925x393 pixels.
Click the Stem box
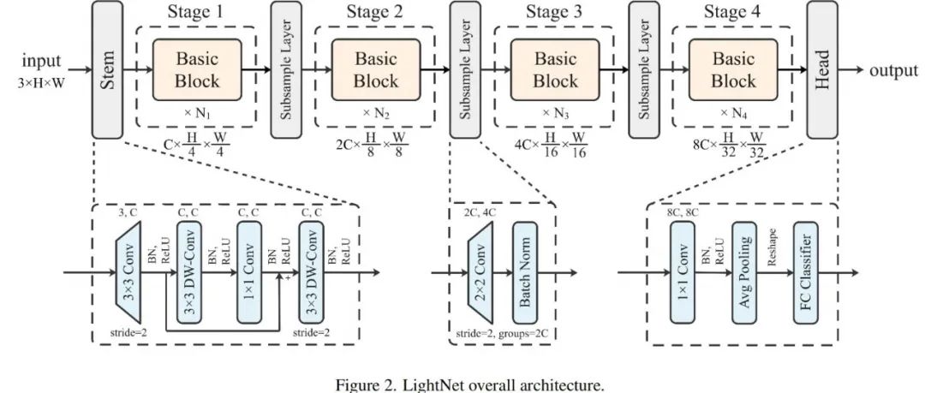click(107, 69)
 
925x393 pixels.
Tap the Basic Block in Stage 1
click(197, 70)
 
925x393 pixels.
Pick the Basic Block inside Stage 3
click(555, 70)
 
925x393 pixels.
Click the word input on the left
click(41, 62)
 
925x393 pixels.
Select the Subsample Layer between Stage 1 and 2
click(286, 69)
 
